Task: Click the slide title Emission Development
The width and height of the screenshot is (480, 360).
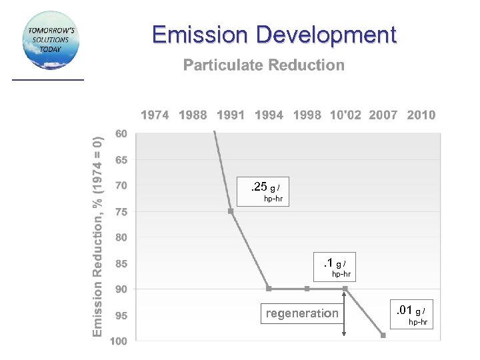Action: click(274, 35)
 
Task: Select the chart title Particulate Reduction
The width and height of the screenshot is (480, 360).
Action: click(264, 65)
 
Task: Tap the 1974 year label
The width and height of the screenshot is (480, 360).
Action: click(155, 115)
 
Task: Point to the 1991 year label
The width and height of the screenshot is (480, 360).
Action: click(231, 115)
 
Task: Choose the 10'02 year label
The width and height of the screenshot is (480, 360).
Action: click(345, 115)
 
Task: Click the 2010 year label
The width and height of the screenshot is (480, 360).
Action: click(421, 115)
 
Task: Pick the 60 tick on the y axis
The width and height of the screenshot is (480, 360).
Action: click(121, 134)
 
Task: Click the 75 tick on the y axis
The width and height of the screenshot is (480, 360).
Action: click(121, 212)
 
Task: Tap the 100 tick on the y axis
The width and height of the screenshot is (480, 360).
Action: click(119, 341)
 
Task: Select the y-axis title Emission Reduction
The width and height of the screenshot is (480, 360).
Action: click(98, 236)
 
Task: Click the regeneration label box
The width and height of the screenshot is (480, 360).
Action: click(302, 313)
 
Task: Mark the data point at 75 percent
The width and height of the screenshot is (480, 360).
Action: click(231, 211)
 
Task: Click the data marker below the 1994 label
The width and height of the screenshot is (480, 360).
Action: click(269, 289)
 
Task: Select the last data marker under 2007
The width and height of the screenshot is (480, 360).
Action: click(383, 335)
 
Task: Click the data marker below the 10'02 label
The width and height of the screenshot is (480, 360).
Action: click(345, 289)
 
